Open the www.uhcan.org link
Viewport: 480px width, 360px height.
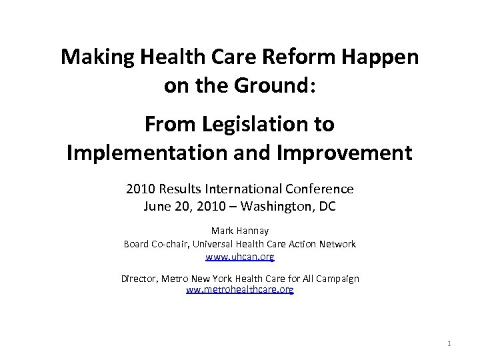coord(240,256)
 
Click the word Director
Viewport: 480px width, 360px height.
coord(139,278)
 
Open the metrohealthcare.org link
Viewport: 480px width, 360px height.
coord(240,290)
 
